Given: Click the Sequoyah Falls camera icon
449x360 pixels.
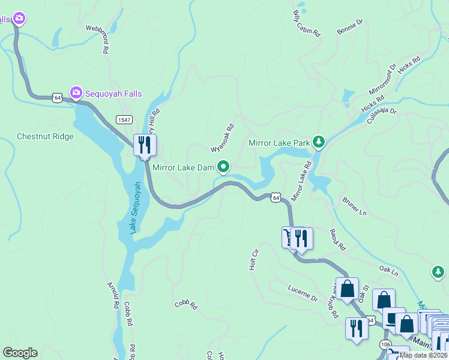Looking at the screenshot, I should tap(76, 92).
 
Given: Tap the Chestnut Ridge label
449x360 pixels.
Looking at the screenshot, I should tap(45, 137).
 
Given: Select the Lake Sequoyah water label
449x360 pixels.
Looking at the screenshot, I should tap(136, 208).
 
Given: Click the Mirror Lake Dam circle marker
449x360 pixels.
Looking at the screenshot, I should tap(223, 166).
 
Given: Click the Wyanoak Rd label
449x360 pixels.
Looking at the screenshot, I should tap(221, 137).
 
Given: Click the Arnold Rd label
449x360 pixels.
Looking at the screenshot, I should tap(112, 295).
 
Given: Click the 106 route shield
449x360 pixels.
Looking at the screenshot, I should tap(386, 345).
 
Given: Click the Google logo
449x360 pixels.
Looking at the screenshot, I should tap(20, 353).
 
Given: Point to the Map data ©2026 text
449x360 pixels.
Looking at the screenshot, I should tap(423, 355).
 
